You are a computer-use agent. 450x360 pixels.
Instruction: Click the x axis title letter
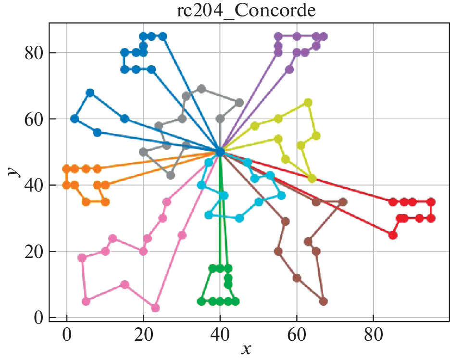click(x=247, y=349)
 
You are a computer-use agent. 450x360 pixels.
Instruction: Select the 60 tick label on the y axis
click(x=35, y=119)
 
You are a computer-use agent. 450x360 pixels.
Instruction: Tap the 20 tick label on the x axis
click(x=143, y=334)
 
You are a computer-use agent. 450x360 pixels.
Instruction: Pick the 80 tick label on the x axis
click(x=373, y=334)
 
